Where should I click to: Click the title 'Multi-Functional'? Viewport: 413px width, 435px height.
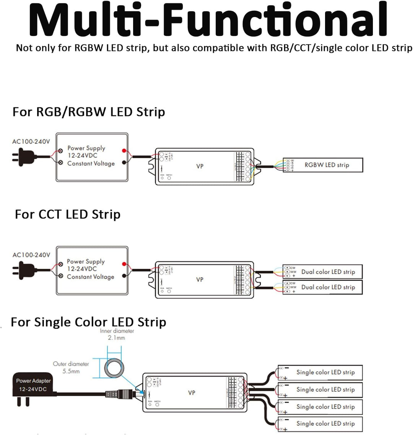(208, 20)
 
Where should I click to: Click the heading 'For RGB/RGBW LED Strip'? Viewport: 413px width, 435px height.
(89, 112)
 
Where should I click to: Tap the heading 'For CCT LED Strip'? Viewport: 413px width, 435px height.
(68, 214)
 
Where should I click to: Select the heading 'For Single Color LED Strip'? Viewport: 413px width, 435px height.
(88, 322)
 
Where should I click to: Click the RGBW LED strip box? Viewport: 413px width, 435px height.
(323, 165)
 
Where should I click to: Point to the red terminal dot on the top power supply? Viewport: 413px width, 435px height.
(124, 151)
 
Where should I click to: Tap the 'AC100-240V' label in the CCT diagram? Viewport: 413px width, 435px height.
(31, 255)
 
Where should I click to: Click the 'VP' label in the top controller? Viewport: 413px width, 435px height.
(200, 166)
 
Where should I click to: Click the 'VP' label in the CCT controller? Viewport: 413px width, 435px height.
(200, 279)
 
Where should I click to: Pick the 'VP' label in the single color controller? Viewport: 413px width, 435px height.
(192, 393)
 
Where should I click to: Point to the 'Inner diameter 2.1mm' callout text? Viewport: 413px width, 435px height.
(117, 334)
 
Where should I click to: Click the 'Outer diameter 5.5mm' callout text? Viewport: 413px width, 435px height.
(71, 367)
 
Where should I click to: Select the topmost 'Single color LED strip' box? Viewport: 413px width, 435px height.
(320, 372)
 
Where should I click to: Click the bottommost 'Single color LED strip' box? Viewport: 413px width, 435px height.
(320, 424)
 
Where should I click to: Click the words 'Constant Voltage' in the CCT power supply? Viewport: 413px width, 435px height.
(91, 277)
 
